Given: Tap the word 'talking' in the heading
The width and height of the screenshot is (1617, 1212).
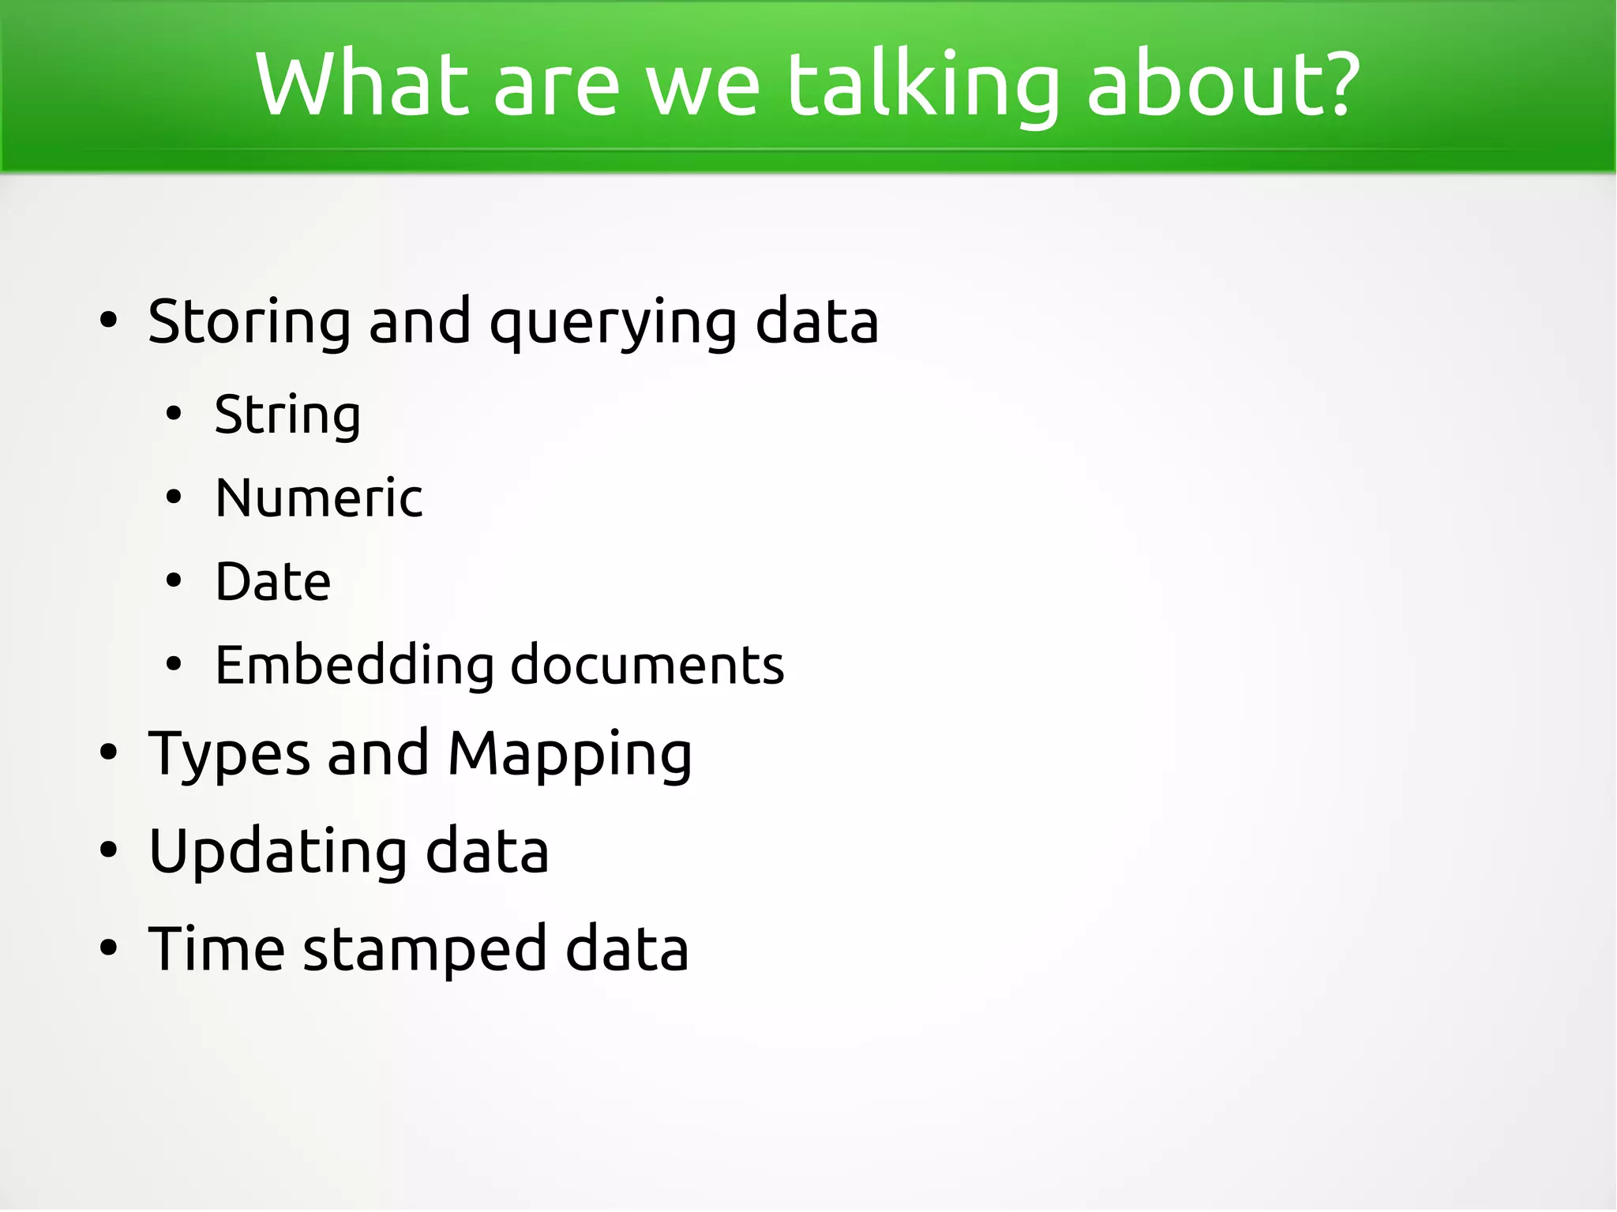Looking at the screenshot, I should click(922, 85).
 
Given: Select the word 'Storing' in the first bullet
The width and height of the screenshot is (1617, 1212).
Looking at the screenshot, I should click(249, 322).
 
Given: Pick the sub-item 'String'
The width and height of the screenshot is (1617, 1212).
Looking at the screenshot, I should click(287, 415).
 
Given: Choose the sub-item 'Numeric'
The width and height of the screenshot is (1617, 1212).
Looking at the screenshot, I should click(319, 498).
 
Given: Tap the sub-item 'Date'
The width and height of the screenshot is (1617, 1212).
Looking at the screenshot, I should click(273, 582).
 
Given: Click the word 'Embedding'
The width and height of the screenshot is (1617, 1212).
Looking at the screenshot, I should click(354, 666).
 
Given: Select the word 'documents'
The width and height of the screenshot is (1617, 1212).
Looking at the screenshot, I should click(647, 665).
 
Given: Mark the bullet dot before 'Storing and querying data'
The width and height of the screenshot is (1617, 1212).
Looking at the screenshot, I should click(108, 321).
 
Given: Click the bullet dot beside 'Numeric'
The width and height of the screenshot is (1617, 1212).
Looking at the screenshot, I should click(174, 498).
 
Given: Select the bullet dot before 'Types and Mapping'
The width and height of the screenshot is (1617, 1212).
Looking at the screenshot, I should click(108, 753).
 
